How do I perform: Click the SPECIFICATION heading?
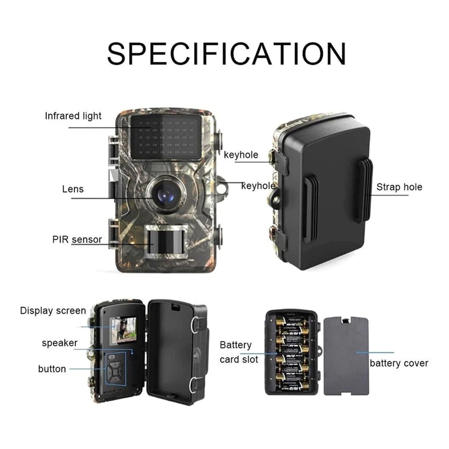(226, 54)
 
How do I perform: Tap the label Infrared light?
(73, 116)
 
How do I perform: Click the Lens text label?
(73, 189)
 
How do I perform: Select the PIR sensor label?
(77, 239)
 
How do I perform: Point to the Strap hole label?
(399, 187)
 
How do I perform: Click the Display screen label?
(53, 311)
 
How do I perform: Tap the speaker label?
(59, 343)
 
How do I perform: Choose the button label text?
(52, 369)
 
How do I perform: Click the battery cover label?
(399, 363)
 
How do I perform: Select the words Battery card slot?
(239, 352)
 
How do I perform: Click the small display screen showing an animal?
(124, 330)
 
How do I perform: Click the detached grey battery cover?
(346, 356)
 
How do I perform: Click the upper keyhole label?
(241, 155)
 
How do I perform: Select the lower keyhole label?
(258, 186)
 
